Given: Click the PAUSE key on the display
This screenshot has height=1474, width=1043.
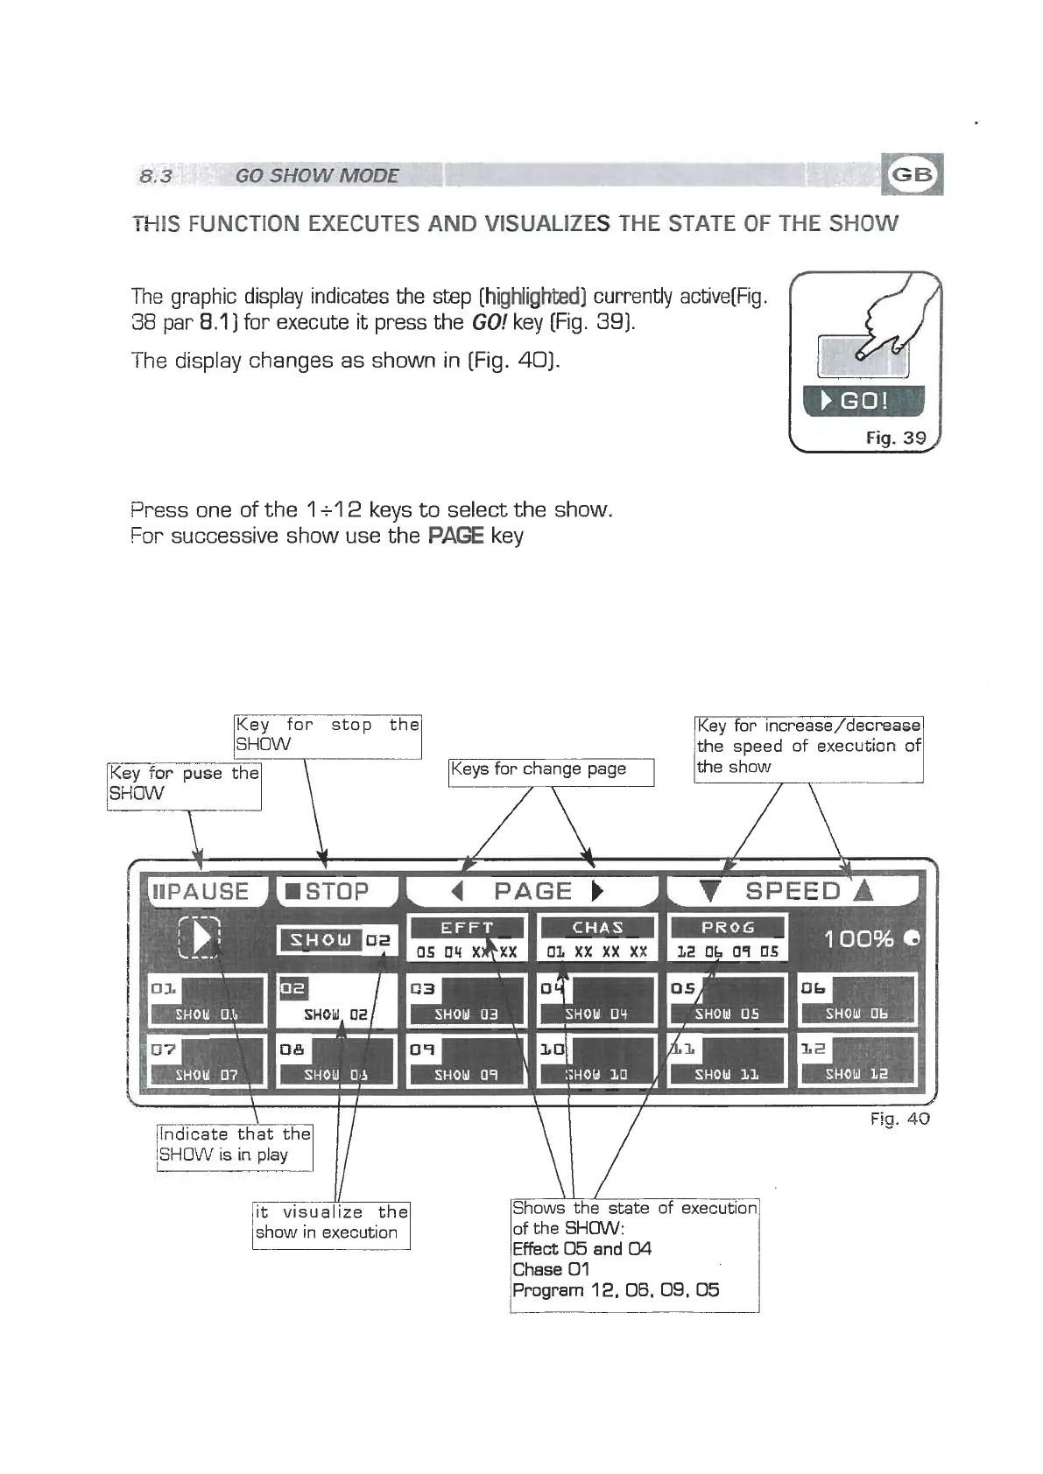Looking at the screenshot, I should tap(201, 891).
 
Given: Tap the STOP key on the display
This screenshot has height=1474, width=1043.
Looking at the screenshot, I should tap(335, 891).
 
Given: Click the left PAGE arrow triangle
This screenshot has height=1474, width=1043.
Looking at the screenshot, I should tap(455, 892).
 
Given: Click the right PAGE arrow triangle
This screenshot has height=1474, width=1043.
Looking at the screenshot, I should tap(597, 892).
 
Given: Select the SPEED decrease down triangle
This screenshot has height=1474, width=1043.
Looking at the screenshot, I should tap(711, 892).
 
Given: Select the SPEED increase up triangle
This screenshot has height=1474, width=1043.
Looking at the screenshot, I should tap(863, 891).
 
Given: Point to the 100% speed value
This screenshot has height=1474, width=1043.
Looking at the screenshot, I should tap(858, 939).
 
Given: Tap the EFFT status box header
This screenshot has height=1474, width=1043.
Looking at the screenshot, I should tap(467, 928).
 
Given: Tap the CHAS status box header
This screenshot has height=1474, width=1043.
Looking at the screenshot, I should tap(597, 928).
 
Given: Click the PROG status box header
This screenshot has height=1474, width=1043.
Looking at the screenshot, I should tap(727, 928).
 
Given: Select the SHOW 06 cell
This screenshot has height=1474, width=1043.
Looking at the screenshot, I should tap(856, 1000).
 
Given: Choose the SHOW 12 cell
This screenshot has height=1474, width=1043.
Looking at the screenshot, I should tap(856, 1061).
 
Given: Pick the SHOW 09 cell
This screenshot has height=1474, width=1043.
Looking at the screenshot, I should tap(465, 1061).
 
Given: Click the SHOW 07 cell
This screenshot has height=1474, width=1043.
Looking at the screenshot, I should tap(206, 1061).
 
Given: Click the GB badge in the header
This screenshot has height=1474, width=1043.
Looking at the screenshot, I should tap(913, 173).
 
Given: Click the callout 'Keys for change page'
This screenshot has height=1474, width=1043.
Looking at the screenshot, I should tap(550, 770).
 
